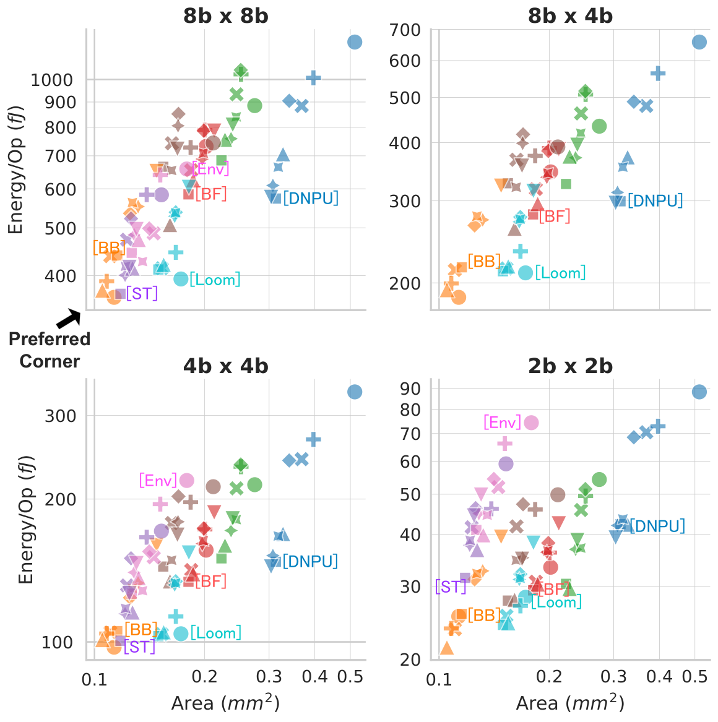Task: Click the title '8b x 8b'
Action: tap(226, 16)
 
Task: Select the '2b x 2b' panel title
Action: tap(570, 366)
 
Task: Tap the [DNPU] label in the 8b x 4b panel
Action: tap(655, 200)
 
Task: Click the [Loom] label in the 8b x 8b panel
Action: tap(215, 280)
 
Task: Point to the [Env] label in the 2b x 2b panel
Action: tap(503, 422)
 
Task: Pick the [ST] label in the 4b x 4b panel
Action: tap(139, 647)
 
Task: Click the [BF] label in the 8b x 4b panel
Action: tap(555, 216)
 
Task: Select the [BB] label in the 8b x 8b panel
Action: tap(109, 247)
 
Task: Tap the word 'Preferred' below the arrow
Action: tap(50, 340)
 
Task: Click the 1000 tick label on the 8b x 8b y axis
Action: tap(51, 80)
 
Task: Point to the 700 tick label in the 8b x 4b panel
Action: tap(405, 30)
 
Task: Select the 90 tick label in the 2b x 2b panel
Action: tap(410, 389)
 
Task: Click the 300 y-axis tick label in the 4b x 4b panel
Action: tap(60, 416)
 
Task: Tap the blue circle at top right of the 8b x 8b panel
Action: tap(354, 42)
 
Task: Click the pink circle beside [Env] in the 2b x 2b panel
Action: tap(531, 423)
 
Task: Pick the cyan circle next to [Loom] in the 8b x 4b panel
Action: tap(525, 273)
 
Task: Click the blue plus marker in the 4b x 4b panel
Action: tap(314, 439)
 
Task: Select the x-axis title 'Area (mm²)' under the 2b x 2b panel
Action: tap(570, 703)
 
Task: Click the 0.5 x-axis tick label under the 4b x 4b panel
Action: tap(350, 677)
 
